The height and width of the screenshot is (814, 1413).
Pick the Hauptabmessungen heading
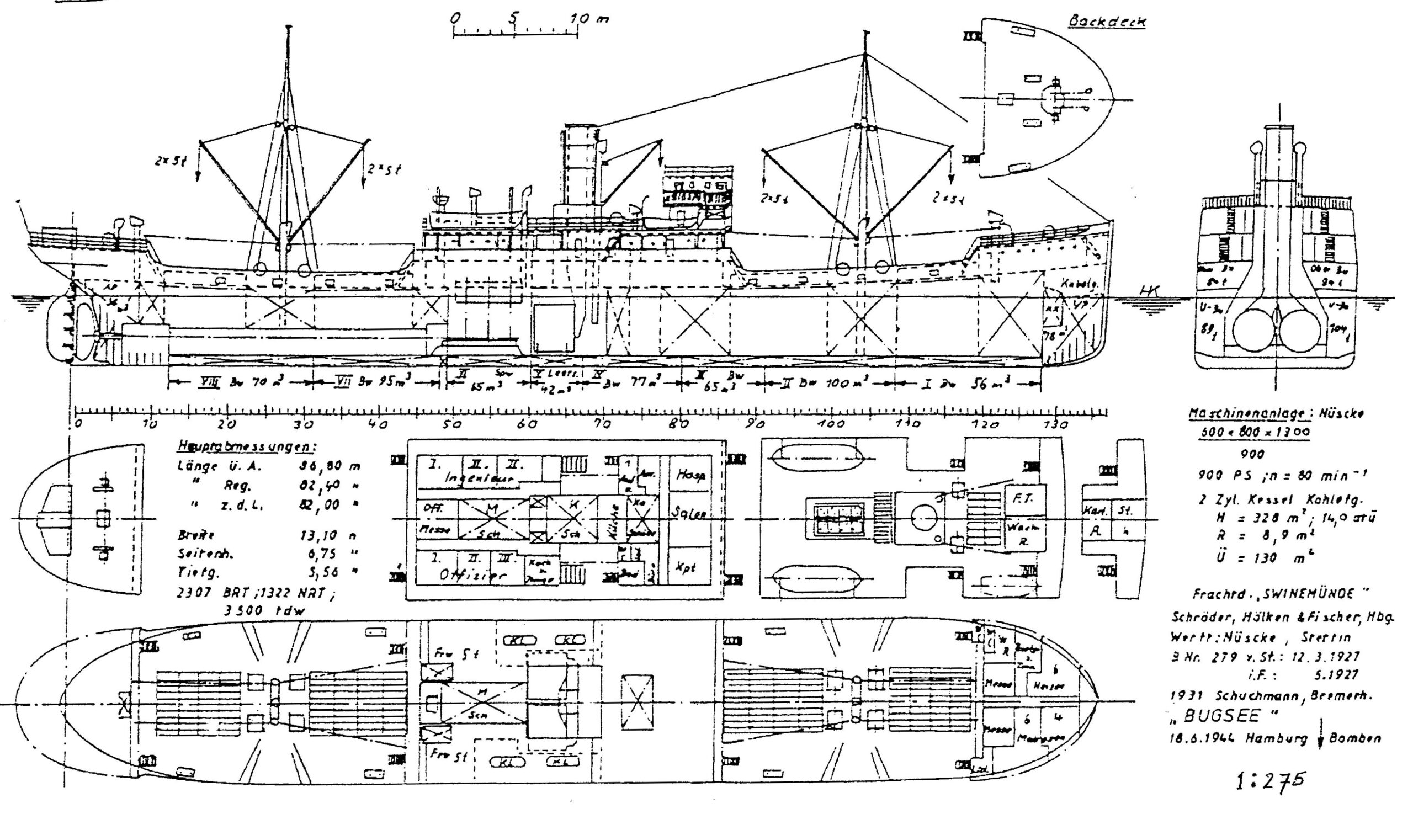(x=246, y=446)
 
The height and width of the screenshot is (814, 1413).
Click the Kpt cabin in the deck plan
(x=690, y=566)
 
